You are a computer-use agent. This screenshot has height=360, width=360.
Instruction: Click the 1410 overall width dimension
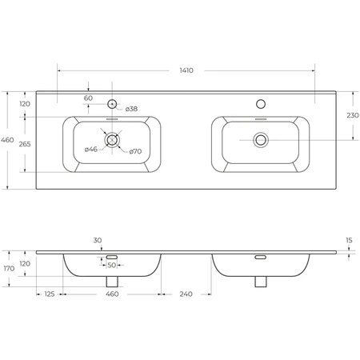click(186, 70)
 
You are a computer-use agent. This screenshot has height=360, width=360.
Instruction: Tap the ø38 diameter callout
click(131, 109)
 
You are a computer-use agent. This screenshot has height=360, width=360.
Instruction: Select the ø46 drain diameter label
click(91, 150)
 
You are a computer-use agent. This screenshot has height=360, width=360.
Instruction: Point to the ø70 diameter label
click(135, 151)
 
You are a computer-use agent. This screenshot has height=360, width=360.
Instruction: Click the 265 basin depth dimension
click(25, 144)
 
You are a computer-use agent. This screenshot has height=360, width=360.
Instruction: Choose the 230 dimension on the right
click(353, 115)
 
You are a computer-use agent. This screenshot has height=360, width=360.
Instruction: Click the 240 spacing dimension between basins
click(186, 294)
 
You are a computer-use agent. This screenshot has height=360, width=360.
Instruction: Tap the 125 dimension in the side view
click(50, 294)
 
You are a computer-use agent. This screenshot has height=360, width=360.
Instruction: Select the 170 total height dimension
click(9, 268)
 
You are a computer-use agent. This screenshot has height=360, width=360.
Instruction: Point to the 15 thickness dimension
click(349, 240)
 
